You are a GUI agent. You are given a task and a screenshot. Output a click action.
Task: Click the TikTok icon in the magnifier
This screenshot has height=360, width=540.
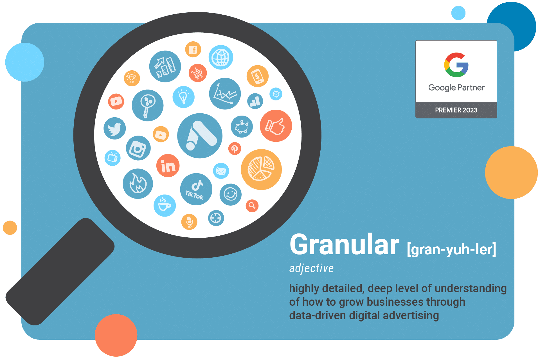pos(196,189)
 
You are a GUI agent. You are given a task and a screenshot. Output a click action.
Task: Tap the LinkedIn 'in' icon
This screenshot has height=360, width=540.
pos(168,166)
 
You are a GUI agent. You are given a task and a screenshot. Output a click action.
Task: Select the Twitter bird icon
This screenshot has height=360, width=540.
pos(115,129)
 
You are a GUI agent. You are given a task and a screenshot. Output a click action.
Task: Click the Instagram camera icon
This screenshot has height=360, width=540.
pos(138,148)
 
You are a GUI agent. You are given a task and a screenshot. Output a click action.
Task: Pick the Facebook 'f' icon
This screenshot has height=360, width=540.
pos(193,49)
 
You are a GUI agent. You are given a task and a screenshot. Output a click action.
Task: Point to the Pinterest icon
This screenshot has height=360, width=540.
pos(235,148)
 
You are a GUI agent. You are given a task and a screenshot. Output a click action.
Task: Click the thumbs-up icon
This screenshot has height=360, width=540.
pos(276,126)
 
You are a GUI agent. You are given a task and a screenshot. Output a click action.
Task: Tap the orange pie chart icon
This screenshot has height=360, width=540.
pos(261,170)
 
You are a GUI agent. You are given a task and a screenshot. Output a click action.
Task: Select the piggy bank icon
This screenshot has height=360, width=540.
pos(242,127)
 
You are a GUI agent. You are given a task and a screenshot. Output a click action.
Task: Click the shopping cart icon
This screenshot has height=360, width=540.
pos(198,73)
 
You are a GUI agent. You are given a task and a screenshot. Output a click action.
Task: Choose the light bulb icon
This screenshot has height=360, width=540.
pos(183,97)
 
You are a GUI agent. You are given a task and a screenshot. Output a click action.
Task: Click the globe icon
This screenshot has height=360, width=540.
pos(221,57)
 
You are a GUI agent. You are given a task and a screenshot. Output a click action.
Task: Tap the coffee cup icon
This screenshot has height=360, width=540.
pos(165,206)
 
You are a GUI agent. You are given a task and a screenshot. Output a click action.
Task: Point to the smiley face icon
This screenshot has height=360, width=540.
pos(230,195)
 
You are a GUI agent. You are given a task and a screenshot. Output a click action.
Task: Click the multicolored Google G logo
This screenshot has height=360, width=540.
pos(456,65)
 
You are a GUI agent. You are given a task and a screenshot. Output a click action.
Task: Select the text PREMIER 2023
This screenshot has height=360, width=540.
pos(456,110)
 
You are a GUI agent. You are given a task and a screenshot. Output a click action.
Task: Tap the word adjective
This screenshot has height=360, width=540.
pos(311,268)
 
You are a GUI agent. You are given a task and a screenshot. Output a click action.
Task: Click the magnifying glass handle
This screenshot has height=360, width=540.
pos(60,272)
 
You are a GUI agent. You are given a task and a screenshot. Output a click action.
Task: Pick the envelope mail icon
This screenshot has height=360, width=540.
pos(221,171)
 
